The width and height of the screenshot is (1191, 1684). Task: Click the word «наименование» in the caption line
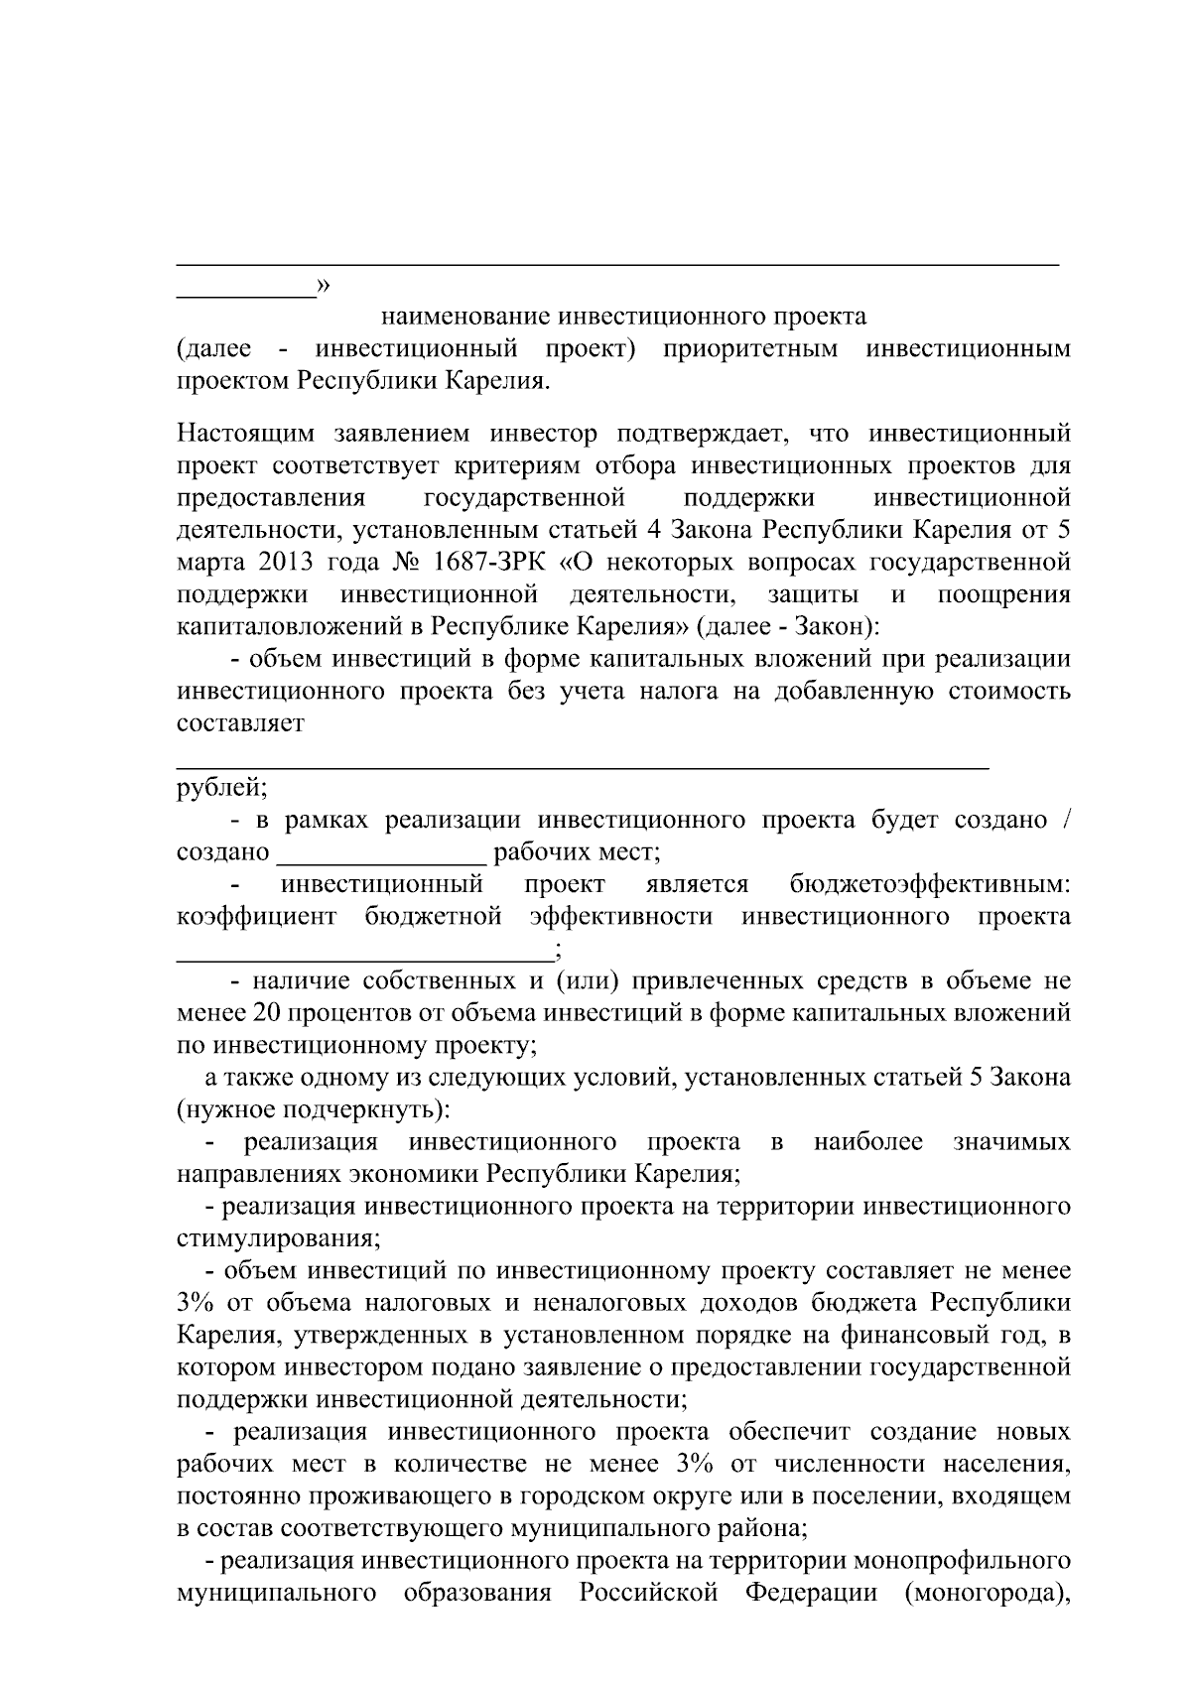pos(465,317)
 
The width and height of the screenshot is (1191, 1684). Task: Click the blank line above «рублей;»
pos(583,766)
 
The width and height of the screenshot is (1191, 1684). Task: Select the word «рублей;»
pos(221,788)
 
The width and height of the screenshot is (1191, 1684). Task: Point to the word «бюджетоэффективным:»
pos(930,884)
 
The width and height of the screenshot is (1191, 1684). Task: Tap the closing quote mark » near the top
pos(323,286)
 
